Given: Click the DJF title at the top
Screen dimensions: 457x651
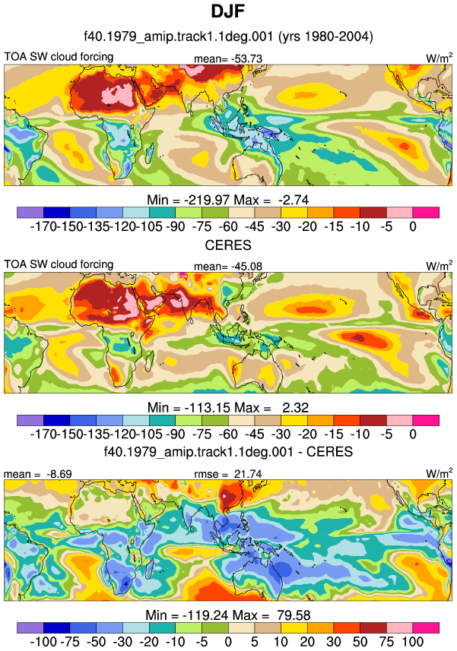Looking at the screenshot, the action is [x=227, y=11].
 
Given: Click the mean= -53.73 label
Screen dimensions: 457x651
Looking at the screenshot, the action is [x=228, y=58].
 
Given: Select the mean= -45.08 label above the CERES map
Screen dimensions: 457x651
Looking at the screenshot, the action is [x=228, y=266].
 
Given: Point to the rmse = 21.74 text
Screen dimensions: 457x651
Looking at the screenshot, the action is [x=228, y=474].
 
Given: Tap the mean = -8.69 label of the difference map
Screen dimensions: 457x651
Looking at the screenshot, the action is [x=38, y=474].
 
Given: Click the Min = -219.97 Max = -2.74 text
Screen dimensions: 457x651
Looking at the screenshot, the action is [x=227, y=200].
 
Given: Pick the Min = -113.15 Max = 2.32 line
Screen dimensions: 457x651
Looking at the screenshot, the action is [x=227, y=407].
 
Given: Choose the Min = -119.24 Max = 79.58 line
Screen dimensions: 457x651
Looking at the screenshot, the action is [x=227, y=615].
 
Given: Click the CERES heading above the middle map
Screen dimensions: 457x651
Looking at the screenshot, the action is [x=228, y=245].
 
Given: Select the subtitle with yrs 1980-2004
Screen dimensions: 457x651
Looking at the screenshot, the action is [x=228, y=36].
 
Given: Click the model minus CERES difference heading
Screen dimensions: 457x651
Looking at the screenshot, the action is [x=228, y=451].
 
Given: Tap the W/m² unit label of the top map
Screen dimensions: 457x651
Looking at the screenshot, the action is [x=440, y=58].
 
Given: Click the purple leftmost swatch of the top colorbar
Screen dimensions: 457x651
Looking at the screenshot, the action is [x=30, y=213].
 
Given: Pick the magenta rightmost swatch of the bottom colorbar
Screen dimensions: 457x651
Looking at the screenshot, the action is [x=426, y=627].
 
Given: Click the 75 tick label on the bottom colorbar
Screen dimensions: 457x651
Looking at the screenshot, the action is [x=386, y=642].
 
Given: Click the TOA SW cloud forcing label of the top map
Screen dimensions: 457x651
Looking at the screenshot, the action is [x=59, y=56].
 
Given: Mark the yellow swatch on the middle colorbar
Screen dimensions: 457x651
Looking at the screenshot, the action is [x=294, y=420].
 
